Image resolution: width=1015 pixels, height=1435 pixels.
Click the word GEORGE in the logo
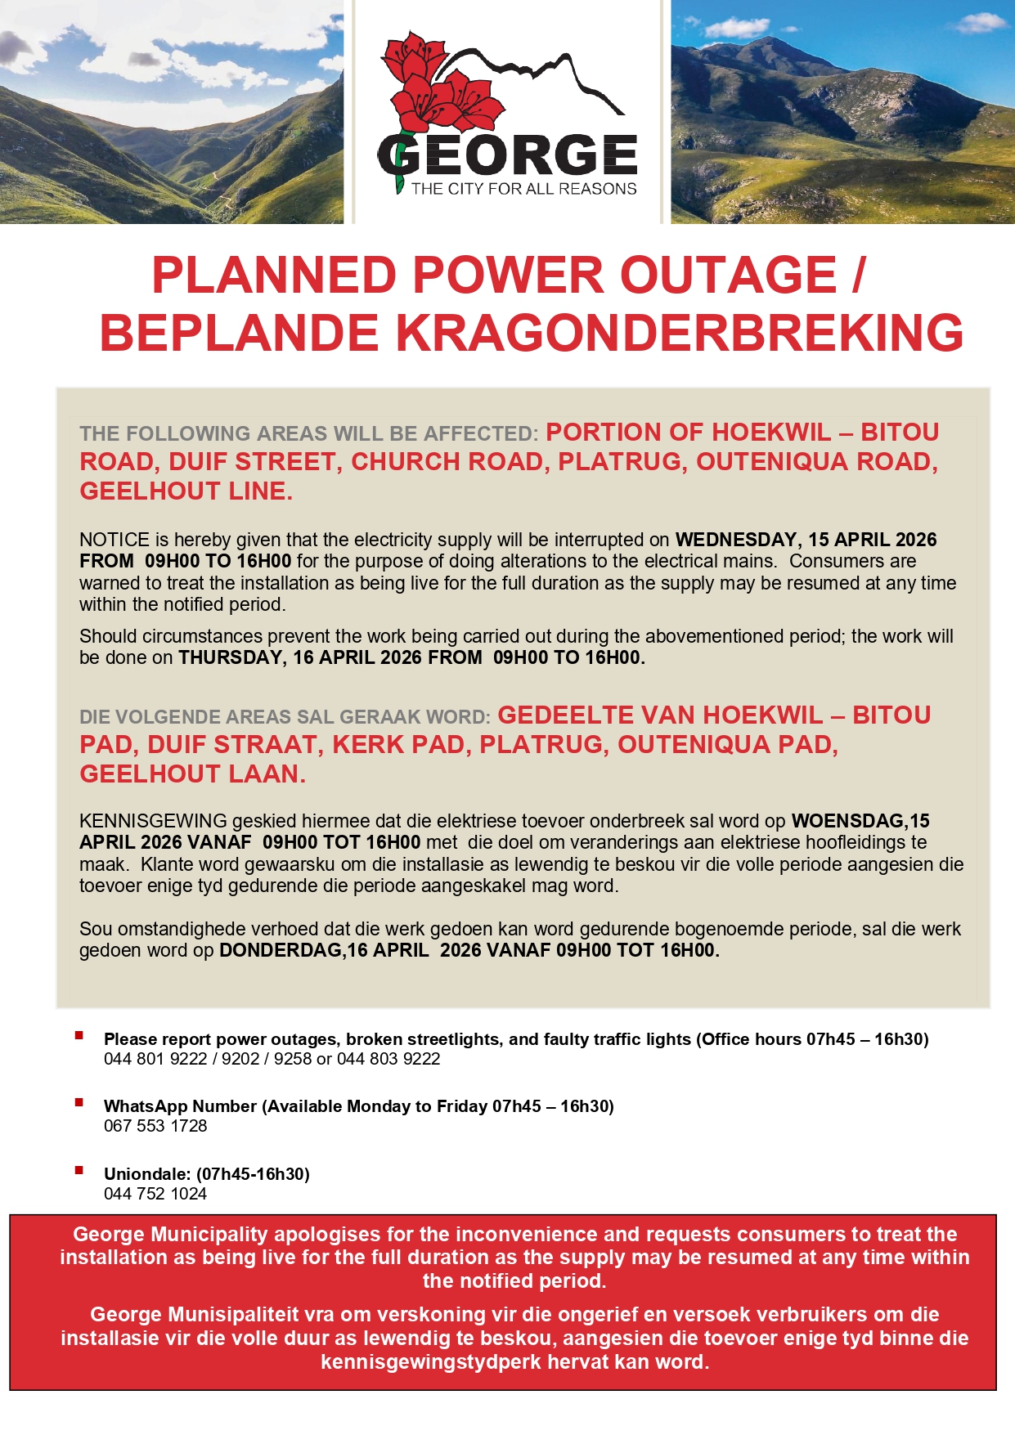507,155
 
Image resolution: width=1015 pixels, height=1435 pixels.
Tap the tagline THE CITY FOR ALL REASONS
523,189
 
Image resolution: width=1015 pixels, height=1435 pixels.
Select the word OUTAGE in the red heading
728,275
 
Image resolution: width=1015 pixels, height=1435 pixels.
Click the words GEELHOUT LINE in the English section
186,491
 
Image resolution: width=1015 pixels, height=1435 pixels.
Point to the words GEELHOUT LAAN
192,774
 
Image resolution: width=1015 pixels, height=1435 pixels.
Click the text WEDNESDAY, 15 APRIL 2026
806,540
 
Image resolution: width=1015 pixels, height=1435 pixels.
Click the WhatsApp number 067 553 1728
155,1126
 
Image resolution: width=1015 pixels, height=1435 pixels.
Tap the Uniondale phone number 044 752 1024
155,1194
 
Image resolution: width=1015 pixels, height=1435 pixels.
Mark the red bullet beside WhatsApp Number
79,1103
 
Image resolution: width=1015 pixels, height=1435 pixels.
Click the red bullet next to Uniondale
79,1171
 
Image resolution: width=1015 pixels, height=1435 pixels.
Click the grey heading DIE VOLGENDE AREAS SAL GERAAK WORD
284,717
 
